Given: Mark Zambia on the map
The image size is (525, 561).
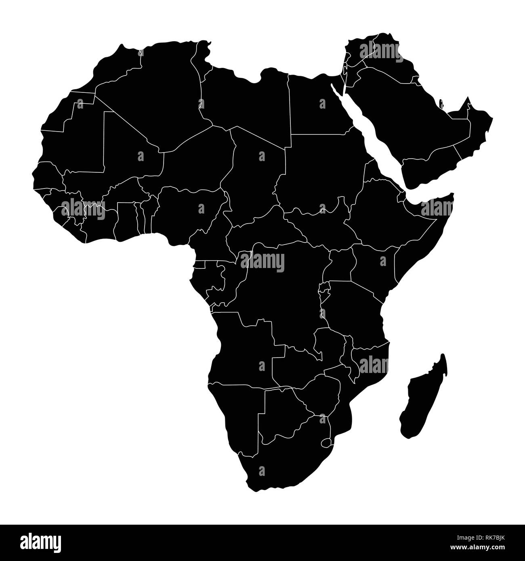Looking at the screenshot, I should pyautogui.click(x=299, y=359).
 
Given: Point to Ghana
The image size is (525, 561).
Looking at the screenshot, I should pyautogui.click(x=125, y=220).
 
